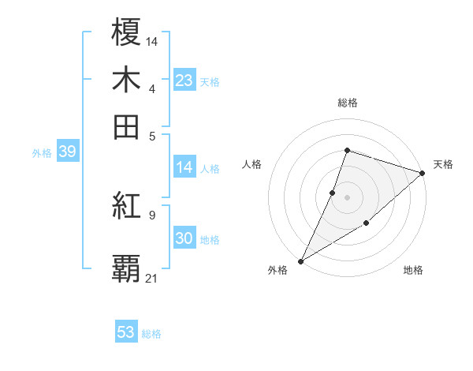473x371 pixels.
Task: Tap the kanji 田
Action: [127, 126]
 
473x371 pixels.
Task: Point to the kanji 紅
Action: [127, 206]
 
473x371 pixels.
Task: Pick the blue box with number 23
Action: [184, 81]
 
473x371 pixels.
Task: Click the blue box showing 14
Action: [184, 167]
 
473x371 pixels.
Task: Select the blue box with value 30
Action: [184, 239]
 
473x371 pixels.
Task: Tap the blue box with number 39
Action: [67, 152]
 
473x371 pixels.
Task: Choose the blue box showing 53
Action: [126, 332]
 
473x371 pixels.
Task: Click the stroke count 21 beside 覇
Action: [151, 278]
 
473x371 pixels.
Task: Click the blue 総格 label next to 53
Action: [151, 334]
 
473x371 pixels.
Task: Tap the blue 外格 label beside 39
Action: [42, 153]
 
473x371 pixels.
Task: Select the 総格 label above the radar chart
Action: [347, 103]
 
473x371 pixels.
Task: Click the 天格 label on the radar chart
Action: [443, 164]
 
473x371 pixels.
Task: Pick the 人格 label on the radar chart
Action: [251, 164]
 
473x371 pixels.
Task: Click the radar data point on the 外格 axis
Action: [300, 260]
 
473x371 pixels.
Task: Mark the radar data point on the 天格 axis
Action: [423, 173]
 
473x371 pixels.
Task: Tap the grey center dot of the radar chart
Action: [347, 197]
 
